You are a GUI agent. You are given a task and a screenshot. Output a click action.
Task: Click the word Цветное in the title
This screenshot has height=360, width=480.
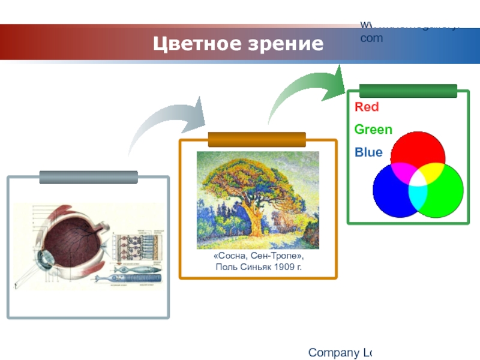191,44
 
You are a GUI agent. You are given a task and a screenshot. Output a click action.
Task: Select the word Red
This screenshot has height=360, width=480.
367,107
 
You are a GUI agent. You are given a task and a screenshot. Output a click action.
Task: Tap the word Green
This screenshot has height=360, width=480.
373,130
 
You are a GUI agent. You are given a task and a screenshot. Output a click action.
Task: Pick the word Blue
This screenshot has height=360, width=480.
368,152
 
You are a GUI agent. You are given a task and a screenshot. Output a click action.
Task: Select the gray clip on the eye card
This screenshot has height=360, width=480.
88,177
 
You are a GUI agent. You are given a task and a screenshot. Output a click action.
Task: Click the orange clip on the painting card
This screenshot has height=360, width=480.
257,139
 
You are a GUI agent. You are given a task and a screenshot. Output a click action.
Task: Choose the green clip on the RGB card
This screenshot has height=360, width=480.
408,91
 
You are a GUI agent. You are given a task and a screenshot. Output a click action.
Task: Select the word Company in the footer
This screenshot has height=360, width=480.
332,352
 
